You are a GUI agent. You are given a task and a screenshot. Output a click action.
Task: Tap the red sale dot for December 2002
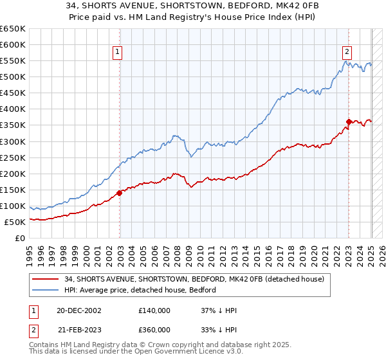pos(120,192)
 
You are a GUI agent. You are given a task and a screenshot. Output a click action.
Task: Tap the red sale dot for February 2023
pos(349,122)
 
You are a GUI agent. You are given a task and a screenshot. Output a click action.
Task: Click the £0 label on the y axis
pos(21,238)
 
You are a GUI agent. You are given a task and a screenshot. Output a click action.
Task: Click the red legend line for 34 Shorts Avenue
pos(46,279)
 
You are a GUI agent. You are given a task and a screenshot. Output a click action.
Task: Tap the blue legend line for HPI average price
pos(46,290)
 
